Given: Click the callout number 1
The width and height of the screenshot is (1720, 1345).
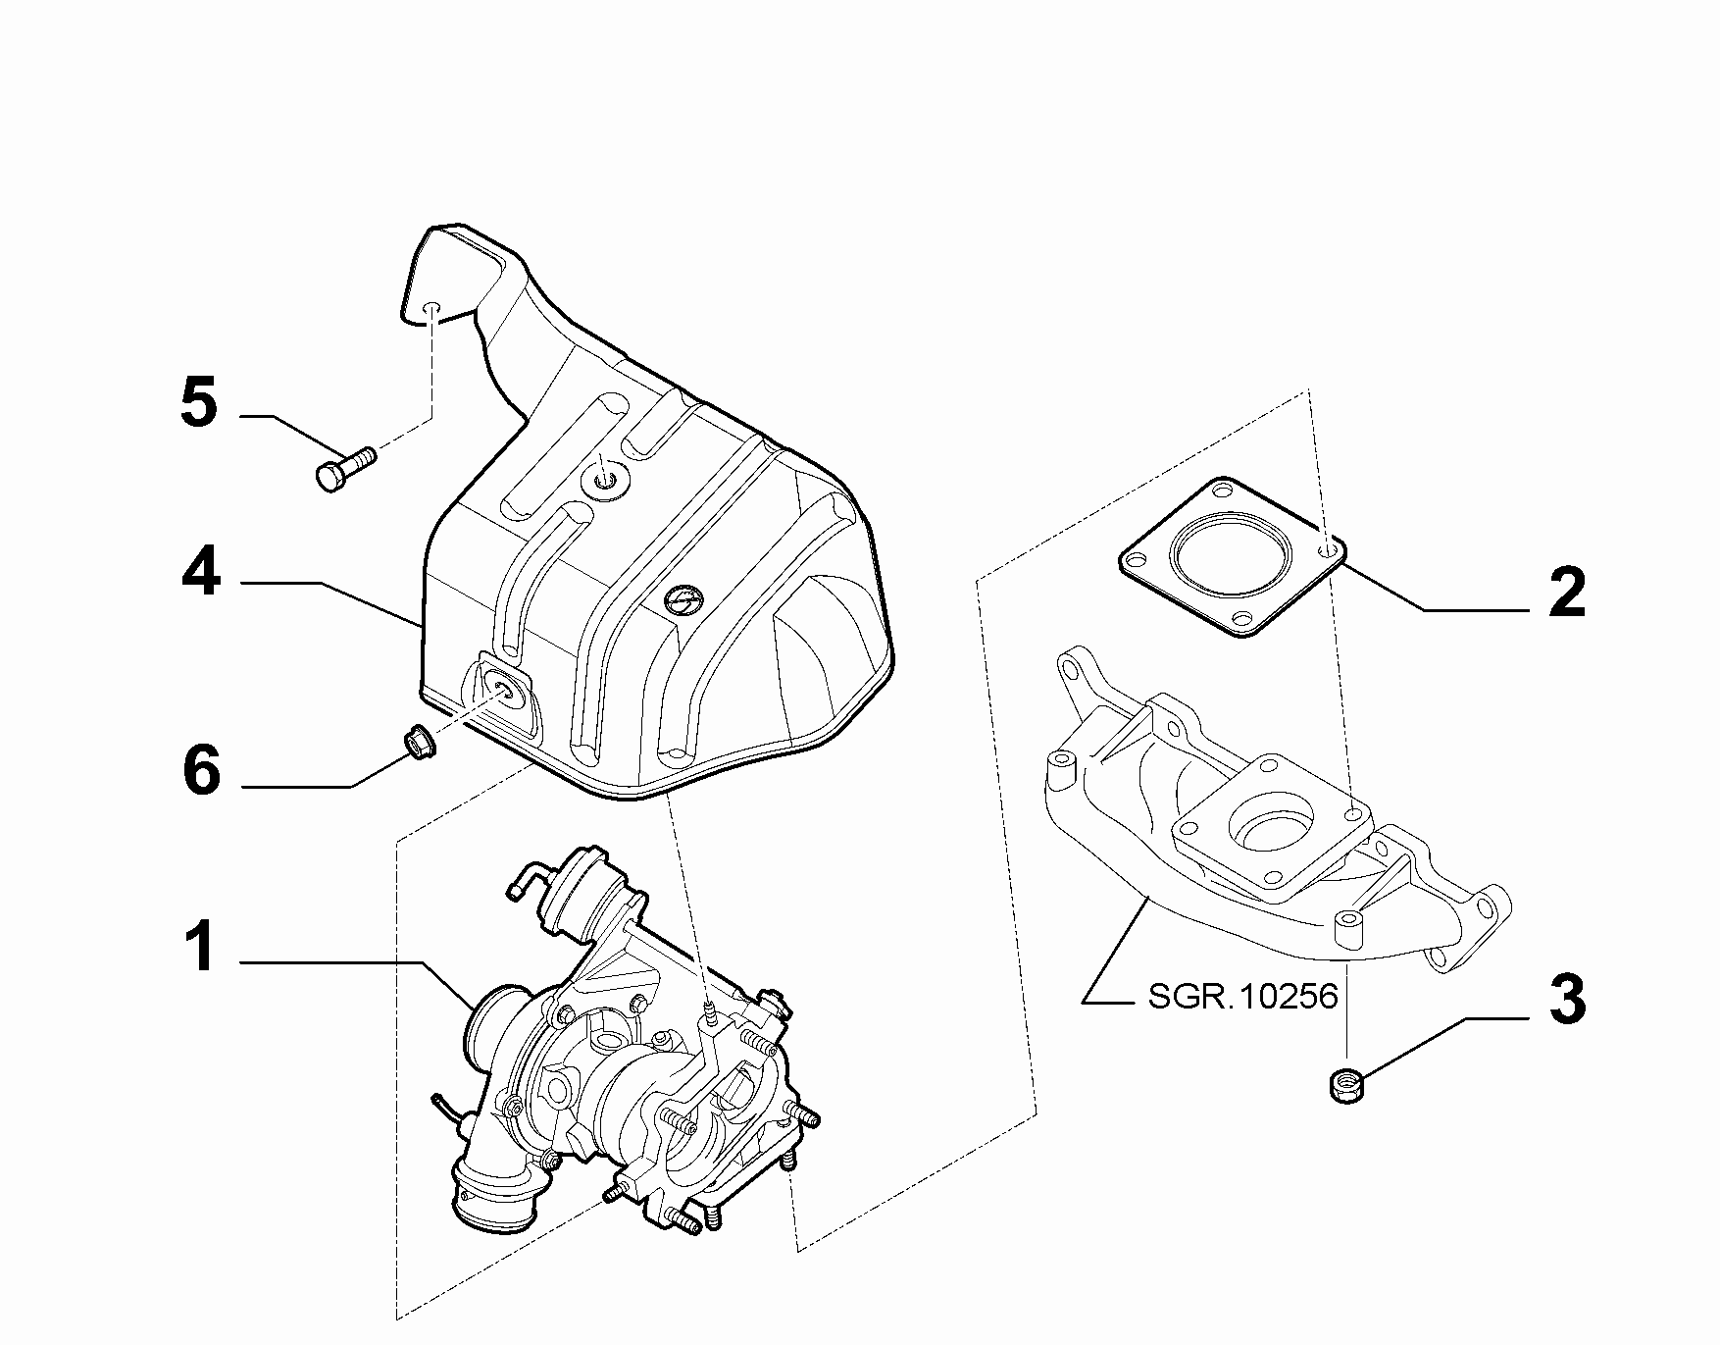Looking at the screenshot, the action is coord(201,948).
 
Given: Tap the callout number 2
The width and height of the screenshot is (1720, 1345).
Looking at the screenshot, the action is coord(1567,593).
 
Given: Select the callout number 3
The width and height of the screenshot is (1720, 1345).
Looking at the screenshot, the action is coord(1567,1000).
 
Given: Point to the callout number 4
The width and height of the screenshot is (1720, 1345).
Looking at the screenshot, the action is coord(201,574).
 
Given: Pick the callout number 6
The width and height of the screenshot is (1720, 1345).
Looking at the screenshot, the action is coord(202,771).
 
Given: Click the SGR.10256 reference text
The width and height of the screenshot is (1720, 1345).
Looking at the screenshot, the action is coord(1243,997).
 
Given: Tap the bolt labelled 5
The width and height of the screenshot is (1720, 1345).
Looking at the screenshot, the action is coord(346,468).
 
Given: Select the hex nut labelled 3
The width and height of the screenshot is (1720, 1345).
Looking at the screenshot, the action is coord(1344,1083).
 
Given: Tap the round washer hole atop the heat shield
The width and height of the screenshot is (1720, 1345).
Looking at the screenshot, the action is coord(605,481).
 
